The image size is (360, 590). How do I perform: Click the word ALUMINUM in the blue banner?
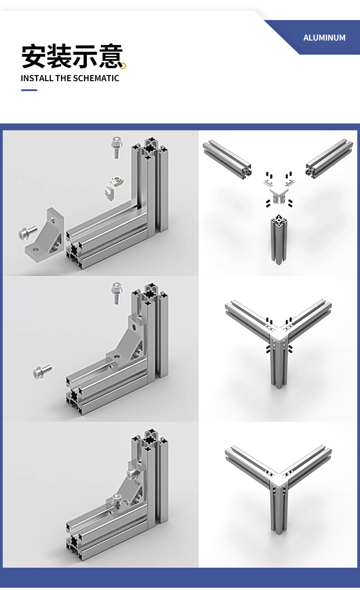(324, 38)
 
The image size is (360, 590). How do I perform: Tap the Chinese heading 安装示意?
(72, 56)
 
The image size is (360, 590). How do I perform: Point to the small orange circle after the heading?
(123, 66)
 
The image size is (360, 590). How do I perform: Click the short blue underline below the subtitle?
(29, 90)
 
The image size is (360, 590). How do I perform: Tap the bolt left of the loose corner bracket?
(27, 232)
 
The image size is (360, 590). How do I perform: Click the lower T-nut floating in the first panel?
(110, 193)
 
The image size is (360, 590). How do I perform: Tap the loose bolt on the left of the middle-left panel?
(42, 372)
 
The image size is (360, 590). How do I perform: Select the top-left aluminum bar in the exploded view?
(227, 159)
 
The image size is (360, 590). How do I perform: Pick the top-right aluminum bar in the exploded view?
(329, 159)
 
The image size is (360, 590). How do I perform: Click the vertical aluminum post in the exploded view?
(279, 240)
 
